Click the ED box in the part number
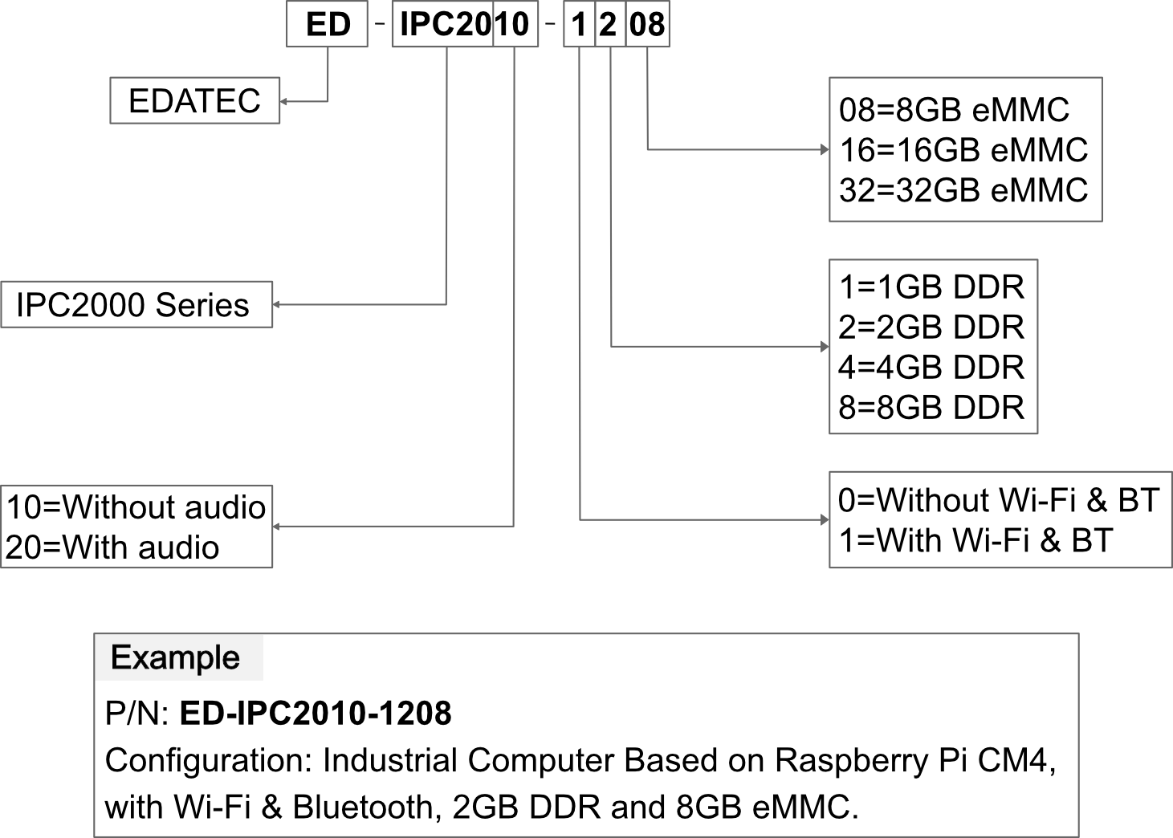click(x=327, y=24)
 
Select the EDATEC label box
click(x=195, y=100)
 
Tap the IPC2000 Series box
click(x=136, y=305)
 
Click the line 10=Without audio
click(x=136, y=506)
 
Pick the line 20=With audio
click(x=112, y=547)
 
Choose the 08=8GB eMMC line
click(x=954, y=110)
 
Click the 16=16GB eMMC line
click(x=963, y=150)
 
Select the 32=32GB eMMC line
click(x=963, y=190)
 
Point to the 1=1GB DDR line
click(x=931, y=287)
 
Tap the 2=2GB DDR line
click(x=931, y=327)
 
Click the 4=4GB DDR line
click(x=931, y=368)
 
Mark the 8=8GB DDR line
click(x=931, y=408)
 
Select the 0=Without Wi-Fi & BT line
click(x=999, y=500)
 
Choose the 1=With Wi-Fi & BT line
click(x=975, y=540)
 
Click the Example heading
click(x=175, y=658)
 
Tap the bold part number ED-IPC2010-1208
click(x=316, y=713)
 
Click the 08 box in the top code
click(x=647, y=24)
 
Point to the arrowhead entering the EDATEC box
click(x=283, y=101)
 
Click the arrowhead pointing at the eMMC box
click(x=825, y=150)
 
